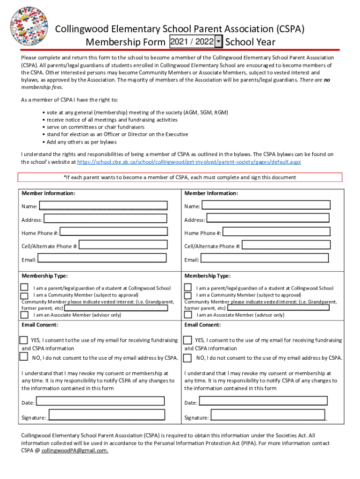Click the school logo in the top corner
29,26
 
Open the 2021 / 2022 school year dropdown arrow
218,42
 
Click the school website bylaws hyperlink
189,162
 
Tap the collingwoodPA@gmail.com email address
75,450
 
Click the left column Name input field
103,205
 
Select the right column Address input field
268,218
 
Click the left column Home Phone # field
114,232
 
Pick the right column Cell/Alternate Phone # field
286,245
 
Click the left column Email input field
102,258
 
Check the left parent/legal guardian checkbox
24,288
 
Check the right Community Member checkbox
187,295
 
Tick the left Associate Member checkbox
24,314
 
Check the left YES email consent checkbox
23,340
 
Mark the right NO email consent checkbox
187,358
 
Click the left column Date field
101,401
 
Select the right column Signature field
268,415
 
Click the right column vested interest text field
278,308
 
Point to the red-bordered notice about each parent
180,177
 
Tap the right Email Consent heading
202,325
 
